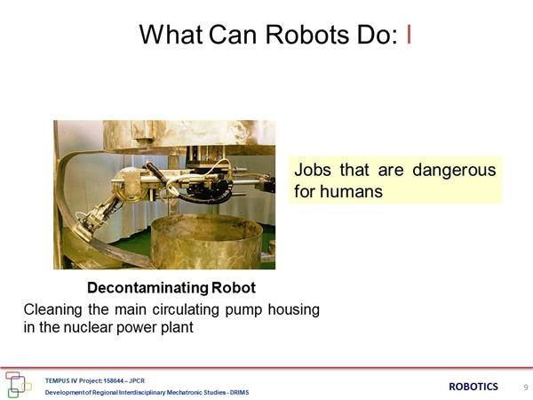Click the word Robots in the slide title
pos(307,35)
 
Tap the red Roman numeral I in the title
pos(409,35)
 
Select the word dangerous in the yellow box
pos(454,170)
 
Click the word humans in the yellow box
pos(351,191)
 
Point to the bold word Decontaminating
pos(147,288)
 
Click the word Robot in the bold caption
pos(234,288)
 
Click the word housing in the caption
pos(294,310)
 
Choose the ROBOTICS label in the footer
pos(473,387)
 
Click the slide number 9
pos(526,387)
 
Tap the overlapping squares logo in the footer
pos(18,385)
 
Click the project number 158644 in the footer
pos(115,380)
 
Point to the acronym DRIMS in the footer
pos(239,393)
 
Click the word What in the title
pos(171,35)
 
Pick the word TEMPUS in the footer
pos(55,380)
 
